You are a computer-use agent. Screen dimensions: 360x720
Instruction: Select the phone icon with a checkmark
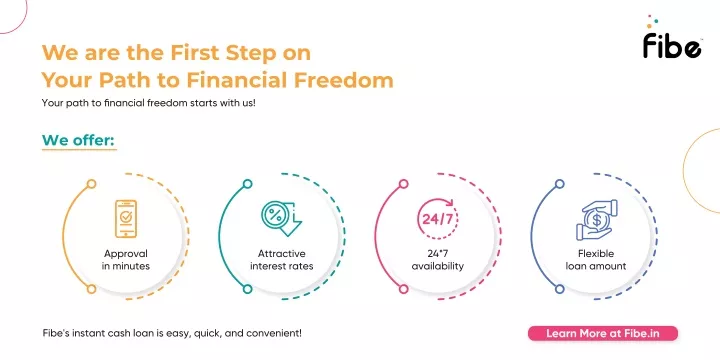point(126,218)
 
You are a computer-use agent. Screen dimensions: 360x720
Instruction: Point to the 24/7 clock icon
point(438,218)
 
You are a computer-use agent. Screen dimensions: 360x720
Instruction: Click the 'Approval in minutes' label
point(126,260)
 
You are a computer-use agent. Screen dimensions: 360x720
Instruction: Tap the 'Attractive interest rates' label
point(282,260)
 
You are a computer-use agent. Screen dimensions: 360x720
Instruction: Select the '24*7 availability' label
point(438,260)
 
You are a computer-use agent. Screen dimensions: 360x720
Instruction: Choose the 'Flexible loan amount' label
point(596,260)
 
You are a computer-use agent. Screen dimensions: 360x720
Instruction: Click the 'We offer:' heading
point(78,138)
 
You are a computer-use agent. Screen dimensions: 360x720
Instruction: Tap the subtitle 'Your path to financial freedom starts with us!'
point(149,103)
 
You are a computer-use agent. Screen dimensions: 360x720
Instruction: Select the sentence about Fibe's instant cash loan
point(171,332)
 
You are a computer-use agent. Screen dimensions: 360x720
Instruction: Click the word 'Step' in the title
point(257,51)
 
